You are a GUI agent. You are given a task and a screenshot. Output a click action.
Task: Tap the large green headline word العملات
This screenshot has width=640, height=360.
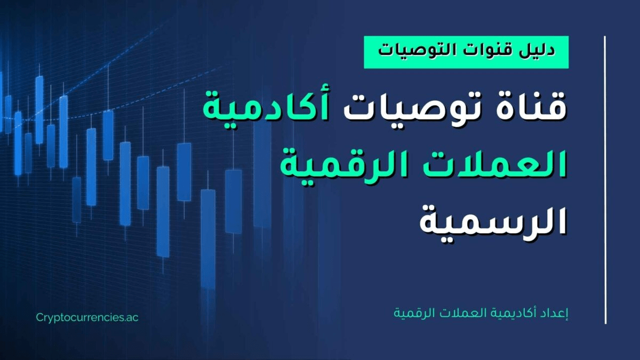pyautogui.click(x=483, y=164)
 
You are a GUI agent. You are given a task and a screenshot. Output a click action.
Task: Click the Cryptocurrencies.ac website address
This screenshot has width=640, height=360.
pyautogui.click(x=87, y=318)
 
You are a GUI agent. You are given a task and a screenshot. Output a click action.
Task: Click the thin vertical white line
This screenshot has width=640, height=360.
pyautogui.click(x=605, y=180)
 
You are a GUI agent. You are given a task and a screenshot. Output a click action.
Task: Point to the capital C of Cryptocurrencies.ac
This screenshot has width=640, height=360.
pyautogui.click(x=40, y=317)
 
